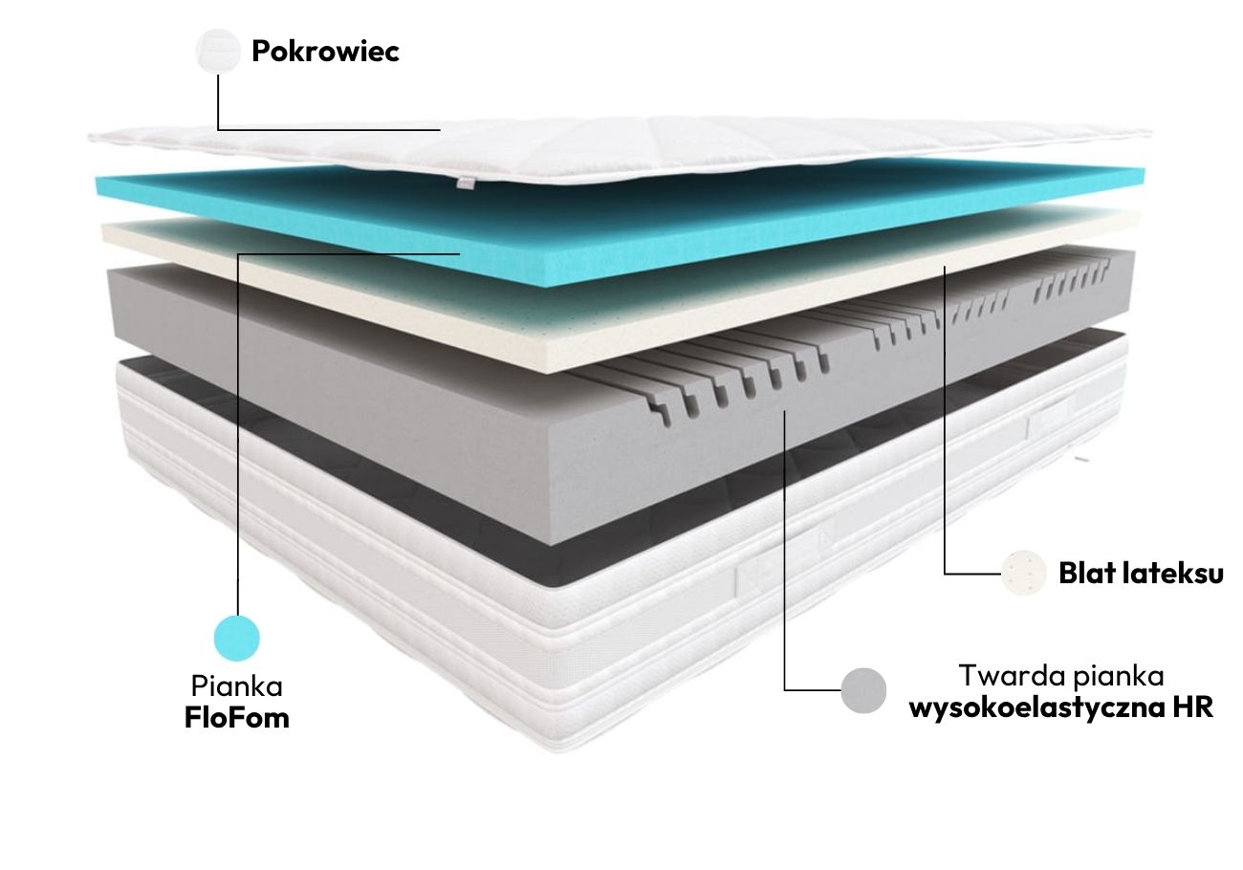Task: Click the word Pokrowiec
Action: [x=325, y=51]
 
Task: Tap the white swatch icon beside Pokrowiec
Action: [x=218, y=51]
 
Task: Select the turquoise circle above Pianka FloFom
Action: [x=237, y=638]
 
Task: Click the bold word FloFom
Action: [x=237, y=718]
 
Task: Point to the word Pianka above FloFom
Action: [x=237, y=685]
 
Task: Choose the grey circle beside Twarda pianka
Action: [x=863, y=690]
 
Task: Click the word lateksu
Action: [x=1175, y=574]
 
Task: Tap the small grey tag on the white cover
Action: [x=465, y=183]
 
